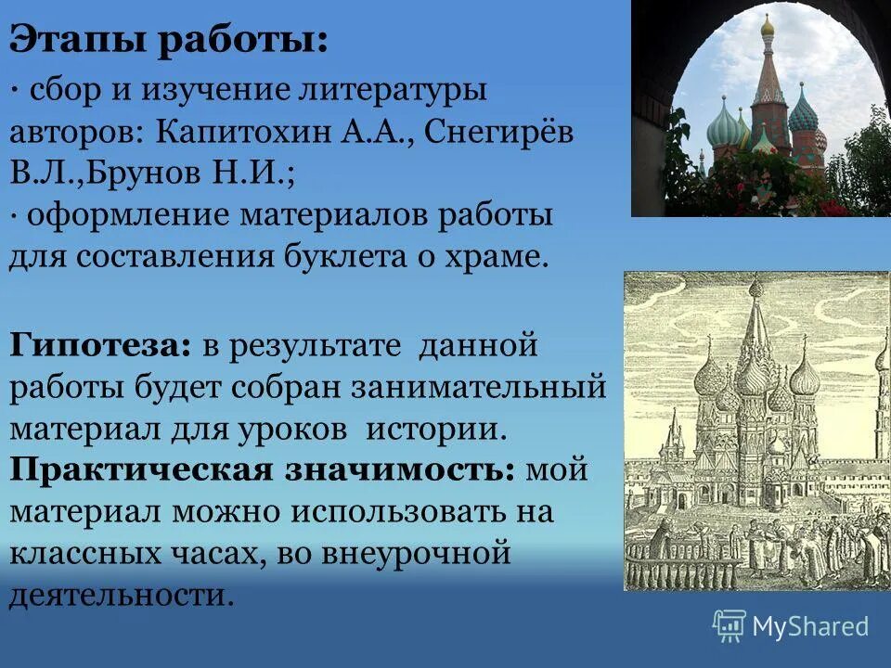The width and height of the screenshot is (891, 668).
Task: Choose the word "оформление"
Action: [129, 215]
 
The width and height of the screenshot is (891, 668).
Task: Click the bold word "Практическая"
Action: [141, 469]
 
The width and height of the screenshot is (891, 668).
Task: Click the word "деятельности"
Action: [118, 594]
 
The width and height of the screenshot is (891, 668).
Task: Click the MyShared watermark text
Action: [809, 626]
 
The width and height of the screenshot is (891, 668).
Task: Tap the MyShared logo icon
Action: [729, 626]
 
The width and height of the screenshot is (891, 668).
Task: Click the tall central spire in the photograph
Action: [768, 74]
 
